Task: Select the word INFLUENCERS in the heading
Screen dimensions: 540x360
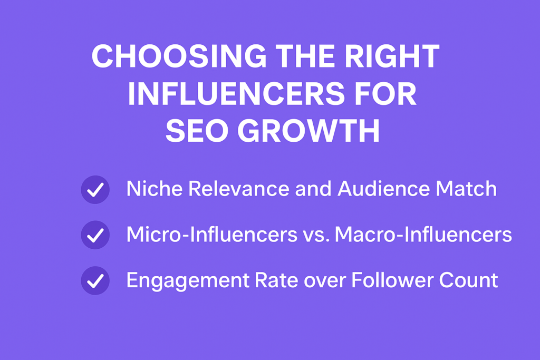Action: coord(236,94)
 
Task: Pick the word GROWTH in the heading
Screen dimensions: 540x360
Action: coord(308,131)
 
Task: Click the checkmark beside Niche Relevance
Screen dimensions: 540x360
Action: coord(95,190)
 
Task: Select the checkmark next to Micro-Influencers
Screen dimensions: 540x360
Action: coord(95,235)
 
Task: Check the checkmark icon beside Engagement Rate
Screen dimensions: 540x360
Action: coord(95,280)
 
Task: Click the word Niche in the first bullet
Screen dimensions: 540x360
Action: coord(155,189)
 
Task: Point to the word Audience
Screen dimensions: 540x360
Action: coord(384,189)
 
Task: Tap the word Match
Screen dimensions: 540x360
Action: coord(466,189)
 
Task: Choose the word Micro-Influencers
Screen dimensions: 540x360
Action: coord(212,235)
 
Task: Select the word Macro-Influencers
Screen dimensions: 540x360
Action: coord(423,235)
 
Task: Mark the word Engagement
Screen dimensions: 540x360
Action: coord(188,281)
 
